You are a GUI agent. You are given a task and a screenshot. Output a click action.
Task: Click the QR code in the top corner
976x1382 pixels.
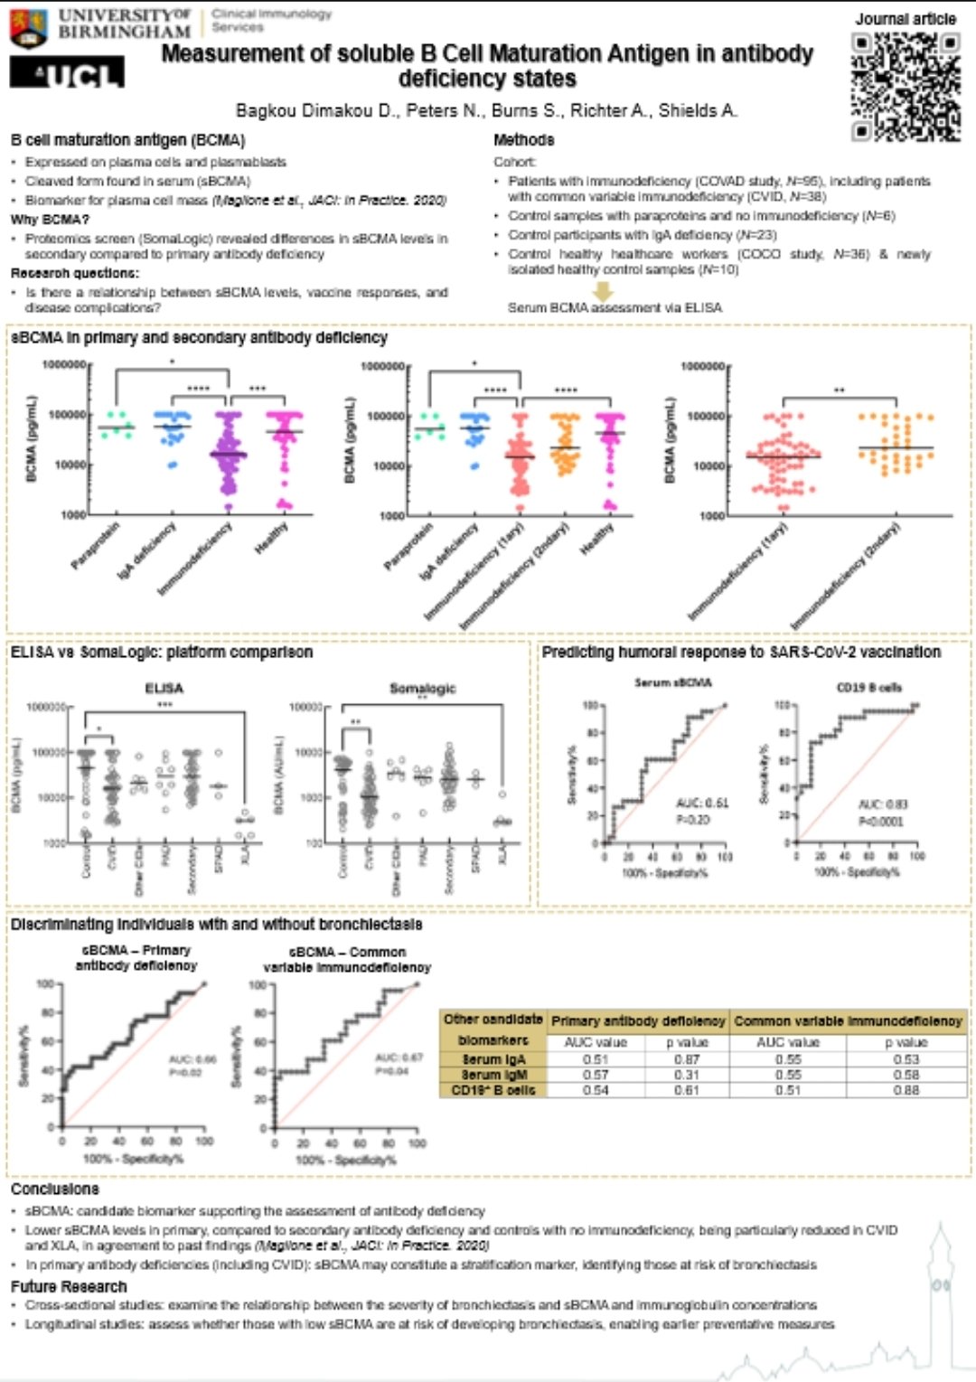tap(906, 87)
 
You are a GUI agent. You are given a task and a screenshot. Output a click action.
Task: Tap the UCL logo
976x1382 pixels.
tap(67, 73)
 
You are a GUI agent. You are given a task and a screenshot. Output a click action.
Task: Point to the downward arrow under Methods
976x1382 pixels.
tap(603, 291)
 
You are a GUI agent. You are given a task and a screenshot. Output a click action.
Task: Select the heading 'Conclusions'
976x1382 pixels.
tap(55, 1189)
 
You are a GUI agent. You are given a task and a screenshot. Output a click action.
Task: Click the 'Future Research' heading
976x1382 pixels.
tap(69, 1286)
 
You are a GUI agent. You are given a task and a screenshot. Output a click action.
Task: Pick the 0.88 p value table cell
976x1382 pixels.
tap(906, 1090)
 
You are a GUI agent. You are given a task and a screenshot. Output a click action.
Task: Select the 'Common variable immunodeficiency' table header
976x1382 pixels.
tap(848, 1021)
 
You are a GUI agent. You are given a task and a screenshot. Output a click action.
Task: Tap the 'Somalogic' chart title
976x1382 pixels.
tap(422, 689)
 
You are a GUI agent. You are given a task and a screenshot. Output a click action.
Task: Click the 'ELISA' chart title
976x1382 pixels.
tap(164, 689)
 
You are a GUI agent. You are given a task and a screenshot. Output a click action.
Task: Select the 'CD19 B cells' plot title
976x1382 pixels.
tap(868, 688)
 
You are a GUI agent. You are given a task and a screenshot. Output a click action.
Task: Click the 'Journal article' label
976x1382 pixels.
tap(906, 19)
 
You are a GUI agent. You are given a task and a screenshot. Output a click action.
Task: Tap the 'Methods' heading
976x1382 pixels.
tap(523, 140)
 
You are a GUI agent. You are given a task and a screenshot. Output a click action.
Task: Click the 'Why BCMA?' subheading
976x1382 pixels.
tap(50, 220)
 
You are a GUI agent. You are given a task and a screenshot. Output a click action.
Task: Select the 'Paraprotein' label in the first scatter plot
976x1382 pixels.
tap(97, 547)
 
